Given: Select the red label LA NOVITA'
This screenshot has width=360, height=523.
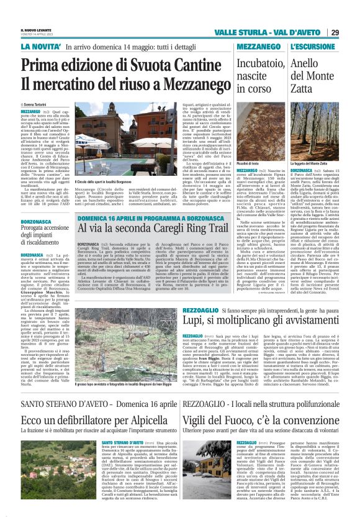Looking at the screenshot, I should pyautogui.click(x=43, y=47).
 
